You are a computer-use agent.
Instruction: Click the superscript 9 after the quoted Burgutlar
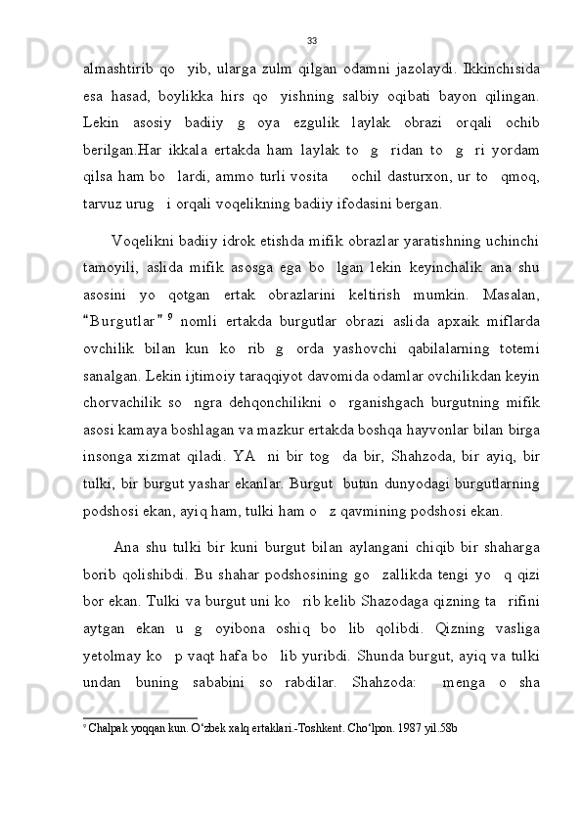click(169, 312)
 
